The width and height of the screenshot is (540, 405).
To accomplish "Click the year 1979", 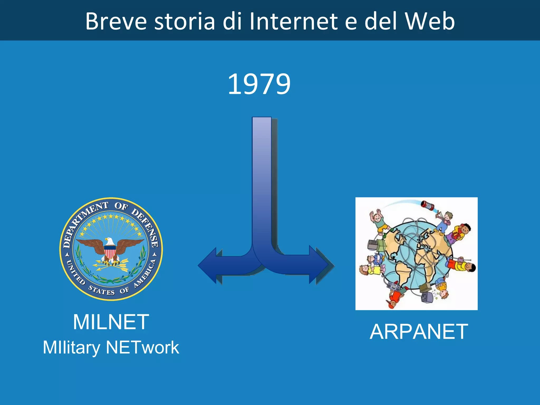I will tap(259, 84).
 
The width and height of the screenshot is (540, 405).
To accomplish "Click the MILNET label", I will tap(111, 322).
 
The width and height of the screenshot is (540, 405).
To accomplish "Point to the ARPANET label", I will tap(419, 332).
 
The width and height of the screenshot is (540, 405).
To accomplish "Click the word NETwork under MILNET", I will tap(142, 347).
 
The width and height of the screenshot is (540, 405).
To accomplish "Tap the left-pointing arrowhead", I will tap(208, 266).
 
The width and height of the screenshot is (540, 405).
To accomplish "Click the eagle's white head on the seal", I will tap(109, 241).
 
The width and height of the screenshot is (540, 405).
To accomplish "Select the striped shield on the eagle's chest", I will tap(110, 252).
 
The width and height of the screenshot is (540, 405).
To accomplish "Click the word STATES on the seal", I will tap(102, 290).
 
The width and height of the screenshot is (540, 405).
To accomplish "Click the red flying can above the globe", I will tap(427, 206).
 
